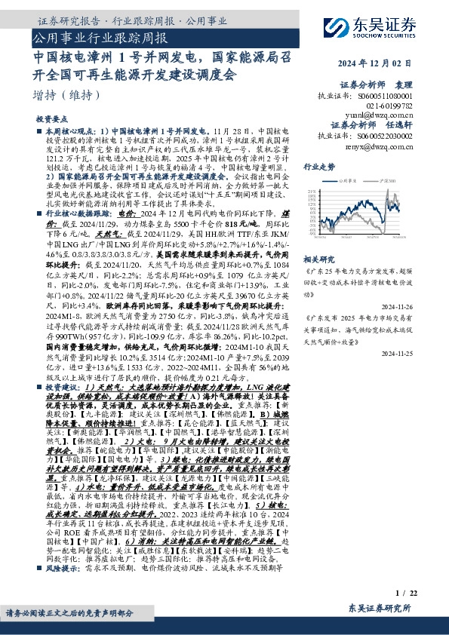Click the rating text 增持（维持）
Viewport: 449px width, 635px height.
click(x=67, y=96)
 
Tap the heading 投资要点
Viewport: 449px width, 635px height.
click(x=51, y=120)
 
